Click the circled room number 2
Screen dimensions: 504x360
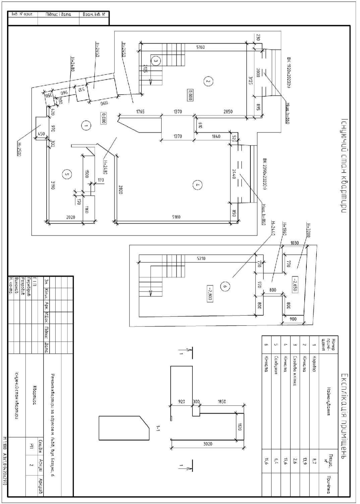click(208, 81)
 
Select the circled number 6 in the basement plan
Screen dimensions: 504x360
click(225, 286)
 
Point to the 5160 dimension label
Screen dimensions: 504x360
click(200, 47)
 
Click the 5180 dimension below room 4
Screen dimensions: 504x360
click(176, 217)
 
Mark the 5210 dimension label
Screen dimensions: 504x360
click(201, 259)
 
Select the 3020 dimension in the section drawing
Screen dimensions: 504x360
click(208, 444)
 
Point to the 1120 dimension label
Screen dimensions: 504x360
click(239, 427)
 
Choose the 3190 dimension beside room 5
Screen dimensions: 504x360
click(53, 185)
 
